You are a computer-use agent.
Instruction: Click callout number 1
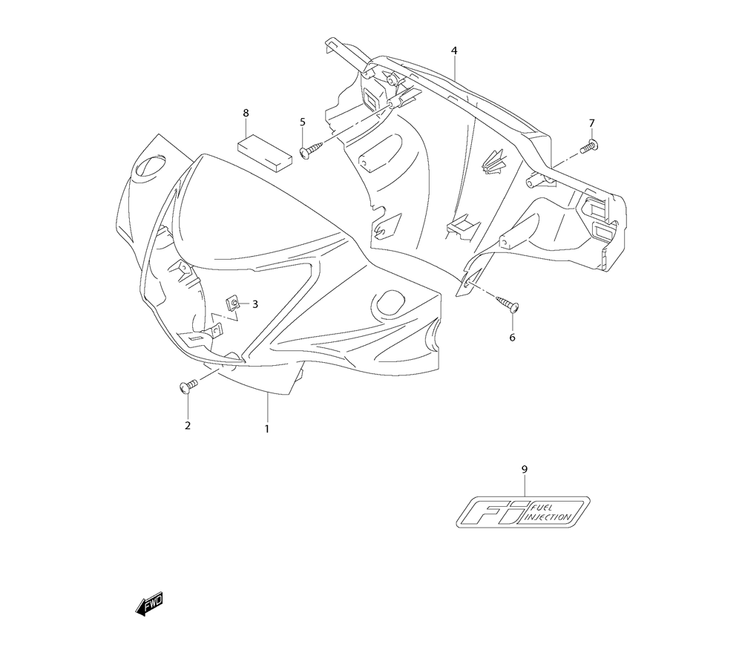pyautogui.click(x=267, y=429)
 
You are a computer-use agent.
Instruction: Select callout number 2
pyautogui.click(x=188, y=425)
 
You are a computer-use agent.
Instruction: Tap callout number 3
pyautogui.click(x=255, y=304)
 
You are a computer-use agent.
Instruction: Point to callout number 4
pyautogui.click(x=454, y=50)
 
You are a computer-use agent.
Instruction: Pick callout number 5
pyautogui.click(x=303, y=122)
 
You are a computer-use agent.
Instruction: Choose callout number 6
pyautogui.click(x=513, y=338)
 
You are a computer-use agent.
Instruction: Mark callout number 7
pyautogui.click(x=591, y=123)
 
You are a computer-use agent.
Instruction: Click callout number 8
pyautogui.click(x=246, y=113)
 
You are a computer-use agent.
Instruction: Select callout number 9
pyautogui.click(x=525, y=470)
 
